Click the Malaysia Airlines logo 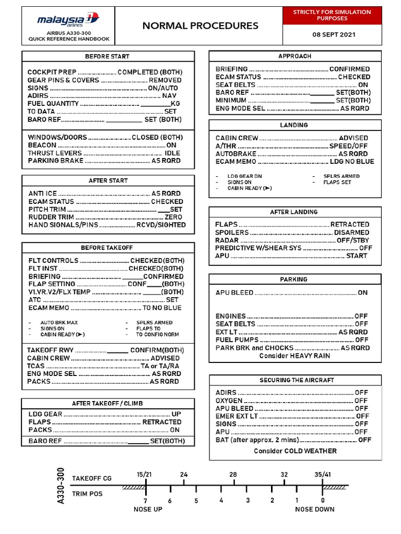67,20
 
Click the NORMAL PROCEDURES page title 200,26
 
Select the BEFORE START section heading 107,56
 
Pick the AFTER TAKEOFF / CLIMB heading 107,404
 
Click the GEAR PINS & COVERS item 63,80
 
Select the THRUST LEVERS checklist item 55,153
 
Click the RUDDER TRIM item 52,217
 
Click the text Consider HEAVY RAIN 294,356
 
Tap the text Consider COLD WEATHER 295,451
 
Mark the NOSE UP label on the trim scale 148,509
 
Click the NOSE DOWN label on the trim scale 315,509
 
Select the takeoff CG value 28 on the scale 233,475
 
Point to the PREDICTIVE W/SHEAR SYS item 258,248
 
